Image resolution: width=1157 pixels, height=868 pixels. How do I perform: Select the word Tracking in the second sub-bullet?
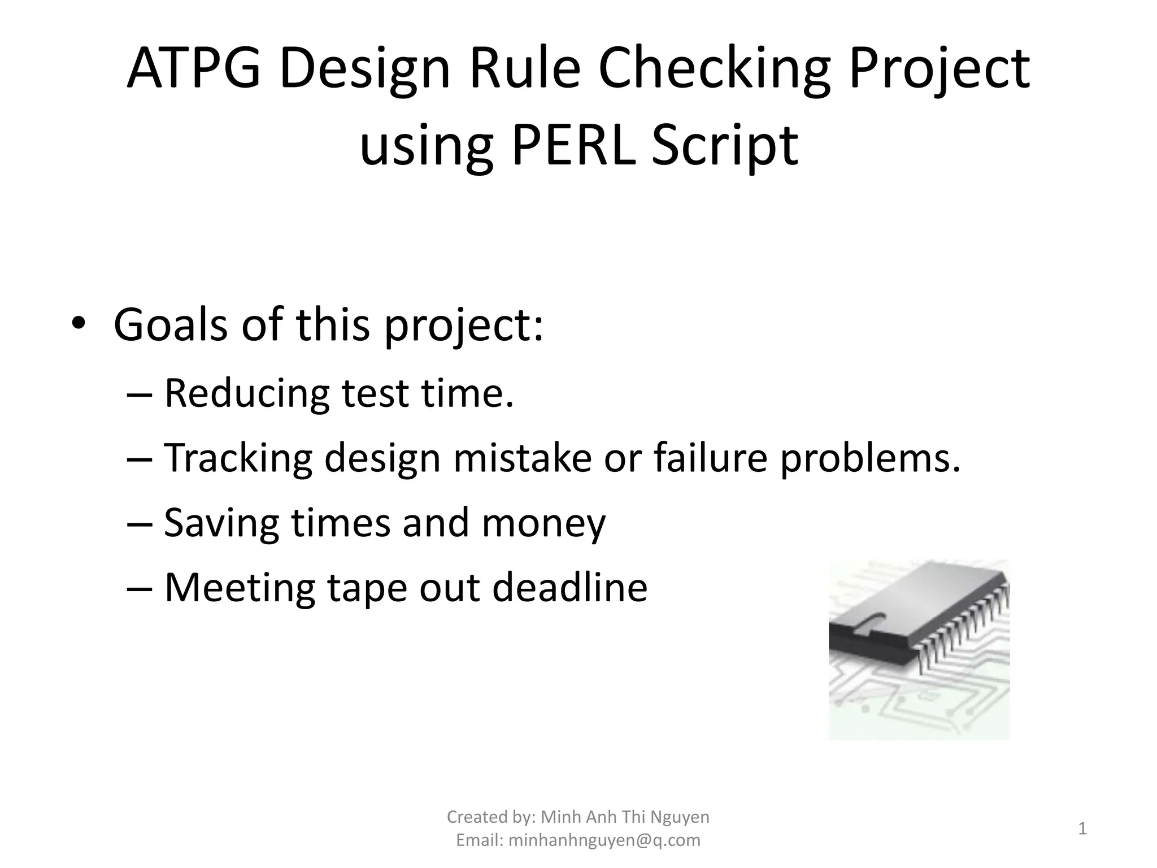pos(238,457)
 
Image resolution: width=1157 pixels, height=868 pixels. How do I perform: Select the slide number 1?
pos(1082,828)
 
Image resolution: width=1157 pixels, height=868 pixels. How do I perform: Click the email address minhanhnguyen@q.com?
pos(604,840)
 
